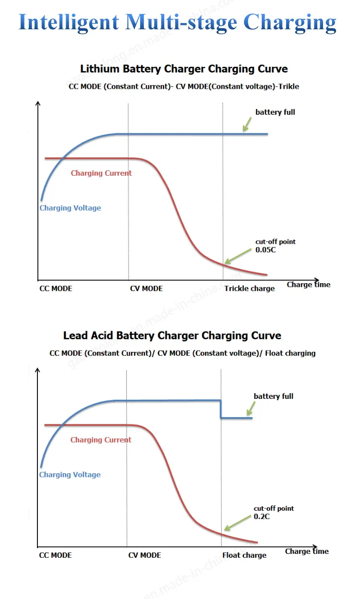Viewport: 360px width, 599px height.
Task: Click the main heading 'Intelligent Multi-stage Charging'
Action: pyautogui.click(x=178, y=22)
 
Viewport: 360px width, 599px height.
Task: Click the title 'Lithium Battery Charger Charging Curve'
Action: pyautogui.click(x=184, y=69)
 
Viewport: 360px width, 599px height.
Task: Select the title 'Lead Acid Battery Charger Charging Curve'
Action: pyautogui.click(x=172, y=335)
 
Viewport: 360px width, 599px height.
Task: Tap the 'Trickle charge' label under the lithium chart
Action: pyautogui.click(x=250, y=288)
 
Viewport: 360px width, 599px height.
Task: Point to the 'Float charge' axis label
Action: pyautogui.click(x=244, y=555)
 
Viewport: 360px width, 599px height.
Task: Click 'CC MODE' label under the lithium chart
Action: pyautogui.click(x=56, y=288)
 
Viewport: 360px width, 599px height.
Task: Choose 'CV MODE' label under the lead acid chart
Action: pyautogui.click(x=144, y=555)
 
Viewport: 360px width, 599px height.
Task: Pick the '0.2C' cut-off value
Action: pyautogui.click(x=262, y=516)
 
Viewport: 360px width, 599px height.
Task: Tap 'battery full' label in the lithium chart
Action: pyautogui.click(x=275, y=112)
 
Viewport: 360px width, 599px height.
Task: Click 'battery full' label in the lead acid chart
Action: pyautogui.click(x=274, y=396)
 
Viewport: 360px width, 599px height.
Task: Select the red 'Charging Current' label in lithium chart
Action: pyautogui.click(x=101, y=173)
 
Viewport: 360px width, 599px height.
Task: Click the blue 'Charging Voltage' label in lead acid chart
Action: pyautogui.click(x=70, y=475)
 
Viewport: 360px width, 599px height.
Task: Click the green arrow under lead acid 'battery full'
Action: pyautogui.click(x=251, y=408)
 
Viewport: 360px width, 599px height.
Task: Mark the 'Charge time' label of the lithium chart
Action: pyautogui.click(x=309, y=285)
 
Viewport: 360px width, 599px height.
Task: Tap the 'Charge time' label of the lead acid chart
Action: pyautogui.click(x=307, y=551)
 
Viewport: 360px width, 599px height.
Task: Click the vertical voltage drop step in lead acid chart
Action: pyautogui.click(x=221, y=409)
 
